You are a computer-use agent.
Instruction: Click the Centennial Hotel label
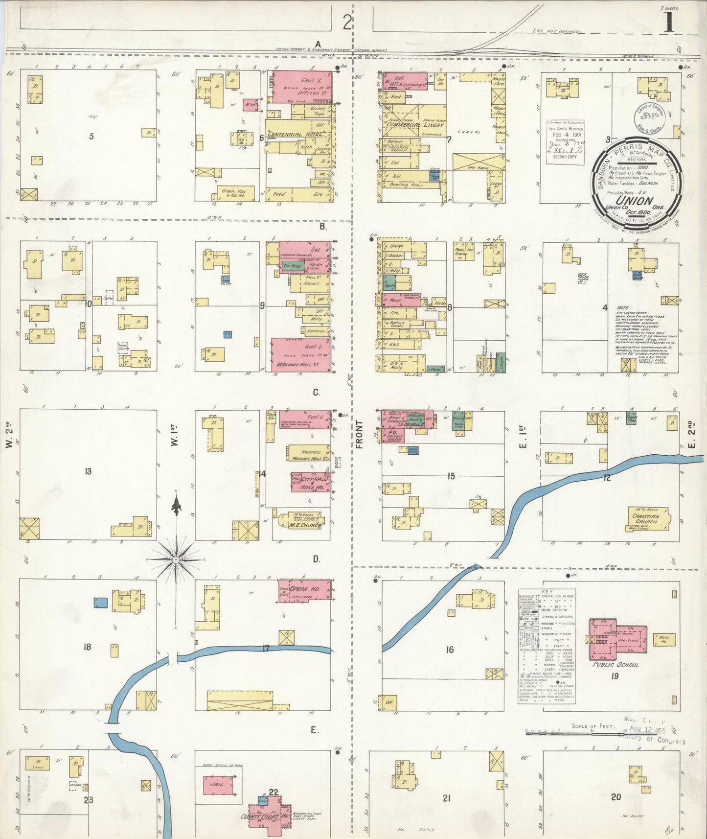[x=296, y=134]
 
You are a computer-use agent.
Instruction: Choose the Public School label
[x=616, y=665]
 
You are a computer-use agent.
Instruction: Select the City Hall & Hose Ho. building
[x=311, y=482]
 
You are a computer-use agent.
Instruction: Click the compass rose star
[x=175, y=559]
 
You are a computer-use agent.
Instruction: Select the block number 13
[x=88, y=471]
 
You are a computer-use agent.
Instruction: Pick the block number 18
[x=87, y=647]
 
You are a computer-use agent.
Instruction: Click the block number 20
[x=616, y=797]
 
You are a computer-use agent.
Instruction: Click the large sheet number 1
[x=668, y=23]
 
